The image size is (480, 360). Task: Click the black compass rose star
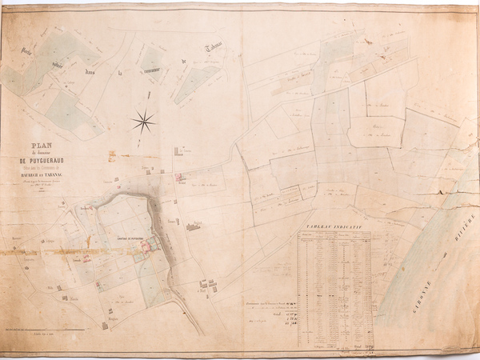pyautogui.click(x=143, y=122)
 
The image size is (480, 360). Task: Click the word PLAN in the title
pyautogui.click(x=39, y=146)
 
